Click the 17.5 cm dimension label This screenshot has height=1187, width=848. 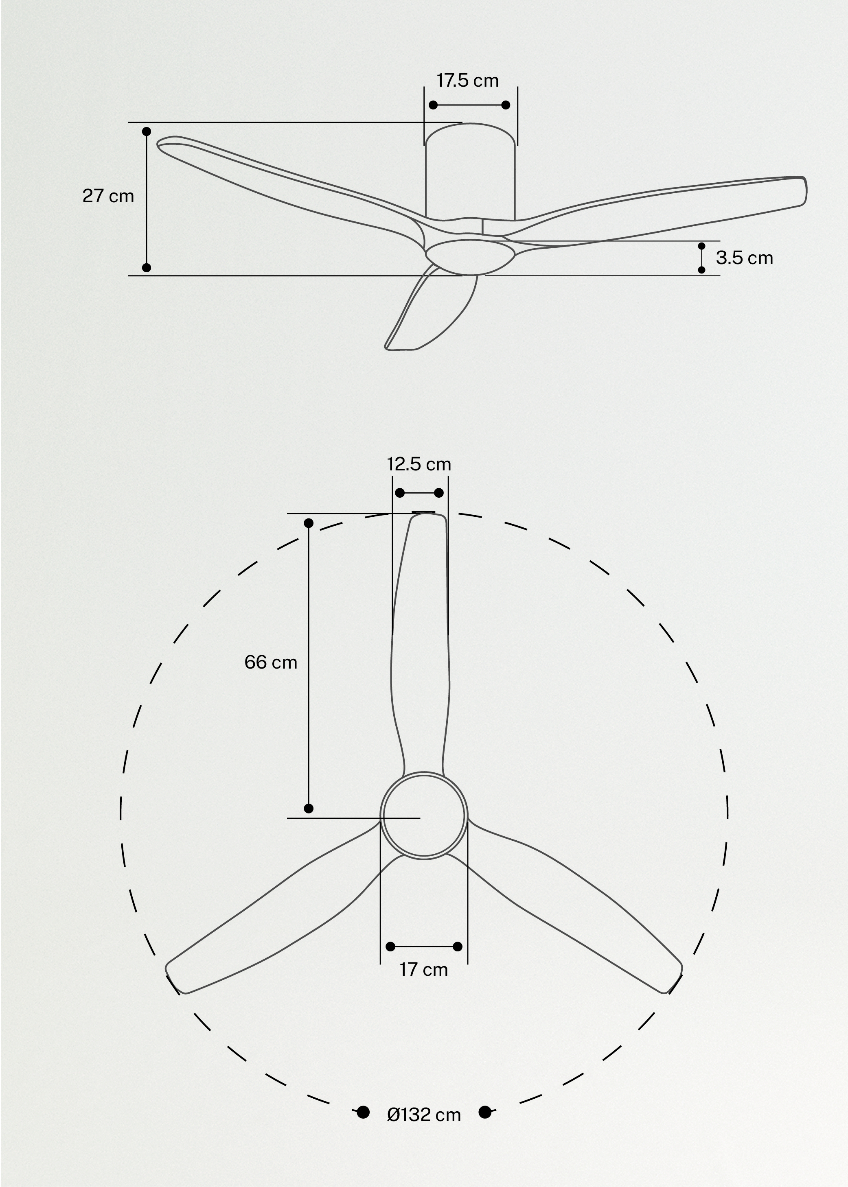pos(467,81)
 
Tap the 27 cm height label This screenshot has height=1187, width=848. pos(108,196)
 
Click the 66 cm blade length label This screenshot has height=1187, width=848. pos(270,662)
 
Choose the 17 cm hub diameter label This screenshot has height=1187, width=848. pos(423,970)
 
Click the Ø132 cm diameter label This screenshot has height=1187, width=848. pos(423,1115)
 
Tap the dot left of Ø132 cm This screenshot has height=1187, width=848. pos(363,1113)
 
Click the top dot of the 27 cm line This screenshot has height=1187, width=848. pos(147,131)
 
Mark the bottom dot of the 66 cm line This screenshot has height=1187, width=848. pos(309,809)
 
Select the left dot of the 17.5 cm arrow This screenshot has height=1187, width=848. pos(433,105)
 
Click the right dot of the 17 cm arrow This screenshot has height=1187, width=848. pos(458,947)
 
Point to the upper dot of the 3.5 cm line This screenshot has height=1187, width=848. pos(701,246)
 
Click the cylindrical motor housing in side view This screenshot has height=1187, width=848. pos(470,172)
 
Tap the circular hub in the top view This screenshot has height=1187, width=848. pos(423,815)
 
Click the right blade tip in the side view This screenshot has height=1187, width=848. pos(802,190)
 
